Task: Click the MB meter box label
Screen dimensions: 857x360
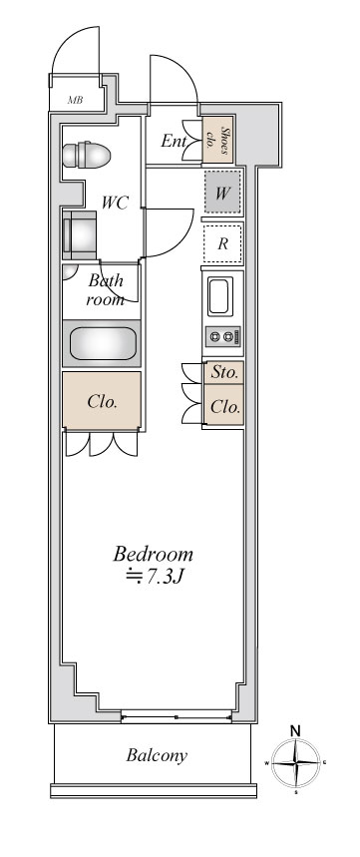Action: pyautogui.click(x=76, y=101)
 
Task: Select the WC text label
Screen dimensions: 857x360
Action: pyautogui.click(x=116, y=202)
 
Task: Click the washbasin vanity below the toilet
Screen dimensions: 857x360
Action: pyautogui.click(x=80, y=235)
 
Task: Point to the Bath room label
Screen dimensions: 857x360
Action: pyautogui.click(x=106, y=289)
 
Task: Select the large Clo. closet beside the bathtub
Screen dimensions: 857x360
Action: pyautogui.click(x=101, y=402)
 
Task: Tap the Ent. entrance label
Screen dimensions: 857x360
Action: pyautogui.click(x=174, y=141)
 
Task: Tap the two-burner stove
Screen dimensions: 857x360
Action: pyautogui.click(x=222, y=337)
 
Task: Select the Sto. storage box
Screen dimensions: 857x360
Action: pyautogui.click(x=224, y=373)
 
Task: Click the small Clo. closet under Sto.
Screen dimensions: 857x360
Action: pyautogui.click(x=224, y=407)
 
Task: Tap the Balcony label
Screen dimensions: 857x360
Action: pyautogui.click(x=157, y=755)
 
